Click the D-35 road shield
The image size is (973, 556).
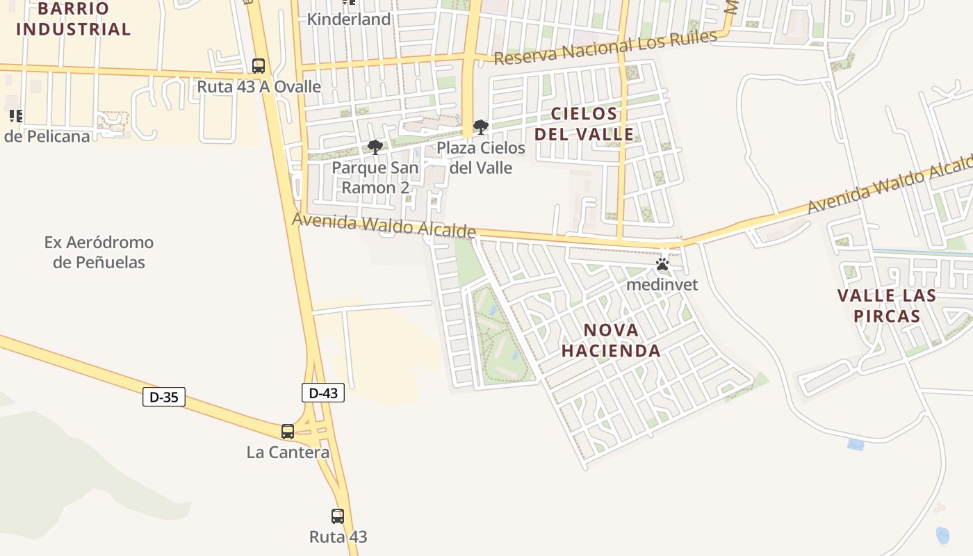164,397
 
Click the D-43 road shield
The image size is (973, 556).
323,393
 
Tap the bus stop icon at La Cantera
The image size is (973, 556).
288,431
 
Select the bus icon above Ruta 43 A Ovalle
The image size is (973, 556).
259,66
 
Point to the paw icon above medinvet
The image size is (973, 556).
662,265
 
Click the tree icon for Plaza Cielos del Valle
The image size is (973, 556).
480,127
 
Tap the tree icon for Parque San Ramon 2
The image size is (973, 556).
375,147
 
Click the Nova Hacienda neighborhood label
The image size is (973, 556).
611,340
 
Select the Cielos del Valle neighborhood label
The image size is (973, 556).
584,124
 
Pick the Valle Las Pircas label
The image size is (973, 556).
886,306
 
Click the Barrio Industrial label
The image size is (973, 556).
73,19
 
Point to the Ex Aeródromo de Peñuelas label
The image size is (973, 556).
99,252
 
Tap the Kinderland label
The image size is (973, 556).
349,19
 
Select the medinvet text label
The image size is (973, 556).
662,284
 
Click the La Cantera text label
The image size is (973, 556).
288,452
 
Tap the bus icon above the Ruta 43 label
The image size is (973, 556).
338,516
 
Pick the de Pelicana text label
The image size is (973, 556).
47,136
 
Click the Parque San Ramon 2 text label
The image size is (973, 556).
375,178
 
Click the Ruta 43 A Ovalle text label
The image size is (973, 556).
259,87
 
